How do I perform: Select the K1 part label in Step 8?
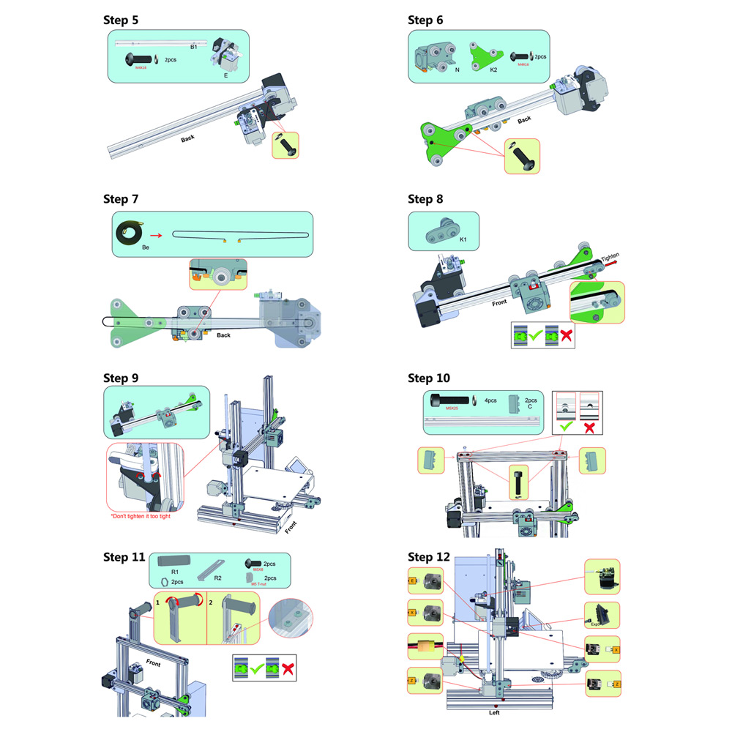pyautogui.click(x=463, y=239)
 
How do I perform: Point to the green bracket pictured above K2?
pyautogui.click(x=483, y=54)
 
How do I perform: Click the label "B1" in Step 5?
pyautogui.click(x=194, y=47)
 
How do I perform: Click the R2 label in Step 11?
pyautogui.click(x=217, y=578)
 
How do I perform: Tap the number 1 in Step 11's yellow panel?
pyautogui.click(x=157, y=602)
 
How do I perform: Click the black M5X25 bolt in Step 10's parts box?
pyautogui.click(x=447, y=400)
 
